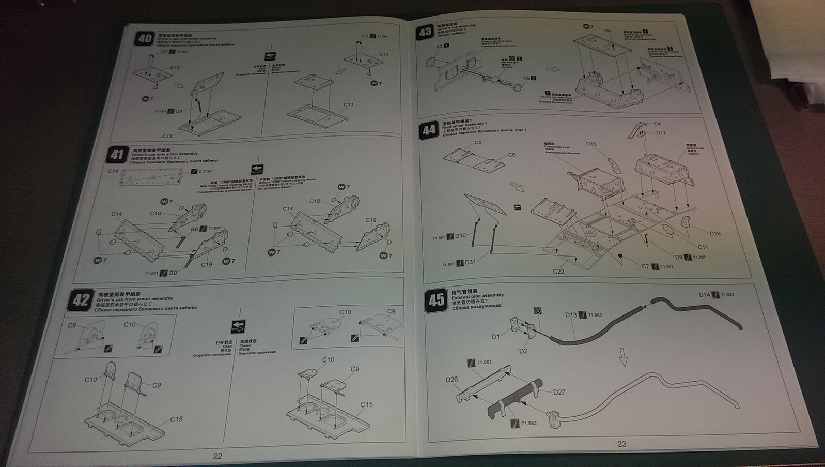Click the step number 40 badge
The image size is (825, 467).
pyautogui.click(x=145, y=39)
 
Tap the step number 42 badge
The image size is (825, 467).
pyautogui.click(x=81, y=300)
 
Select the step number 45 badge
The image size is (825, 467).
pyautogui.click(x=437, y=299)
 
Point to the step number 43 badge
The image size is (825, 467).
pyautogui.click(x=425, y=32)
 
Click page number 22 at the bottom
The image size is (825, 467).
pyautogui.click(x=217, y=456)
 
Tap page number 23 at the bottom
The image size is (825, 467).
pyautogui.click(x=621, y=444)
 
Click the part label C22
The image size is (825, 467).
pyautogui.click(x=558, y=272)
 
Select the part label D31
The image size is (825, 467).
pyautogui.click(x=470, y=262)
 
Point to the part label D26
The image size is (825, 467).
pyautogui.click(x=452, y=380)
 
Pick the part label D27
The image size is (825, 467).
pyautogui.click(x=559, y=392)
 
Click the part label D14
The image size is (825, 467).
pyautogui.click(x=705, y=295)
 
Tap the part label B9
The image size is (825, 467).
pyautogui.click(x=173, y=273)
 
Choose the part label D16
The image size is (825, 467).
pyautogui.click(x=715, y=233)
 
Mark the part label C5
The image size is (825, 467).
pyautogui.click(x=478, y=143)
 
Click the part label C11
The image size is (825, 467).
pyautogui.click(x=703, y=247)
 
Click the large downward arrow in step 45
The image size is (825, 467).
pyautogui.click(x=623, y=356)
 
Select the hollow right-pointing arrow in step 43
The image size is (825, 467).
pyautogui.click(x=553, y=69)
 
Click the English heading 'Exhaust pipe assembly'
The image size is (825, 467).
pyautogui.click(x=477, y=296)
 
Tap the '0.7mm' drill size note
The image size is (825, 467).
pyautogui.click(x=206, y=171)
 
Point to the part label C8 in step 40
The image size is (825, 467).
pyautogui.click(x=178, y=111)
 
